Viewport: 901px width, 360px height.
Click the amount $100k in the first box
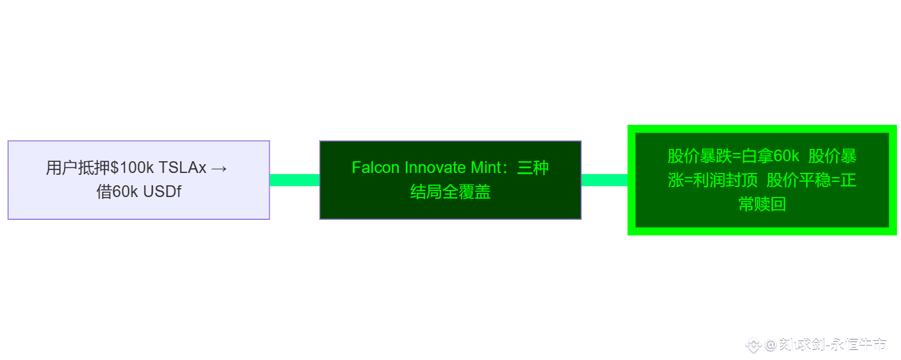tap(133, 168)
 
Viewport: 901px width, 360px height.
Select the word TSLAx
tap(182, 168)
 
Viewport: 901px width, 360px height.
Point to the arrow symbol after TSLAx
tap(219, 168)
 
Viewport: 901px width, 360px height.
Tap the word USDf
tap(162, 192)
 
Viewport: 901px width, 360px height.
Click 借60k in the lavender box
tap(117, 192)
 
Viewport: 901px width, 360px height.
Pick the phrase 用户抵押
tap(78, 168)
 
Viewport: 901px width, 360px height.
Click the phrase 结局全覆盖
tap(450, 192)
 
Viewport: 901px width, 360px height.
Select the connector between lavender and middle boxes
tap(294, 180)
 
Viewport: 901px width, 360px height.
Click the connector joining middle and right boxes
tap(604, 180)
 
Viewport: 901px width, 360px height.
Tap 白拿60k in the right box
tap(770, 157)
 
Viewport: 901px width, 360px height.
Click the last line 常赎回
tap(762, 205)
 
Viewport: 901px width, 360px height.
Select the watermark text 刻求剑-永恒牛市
tap(832, 345)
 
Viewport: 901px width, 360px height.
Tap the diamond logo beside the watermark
tap(754, 345)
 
